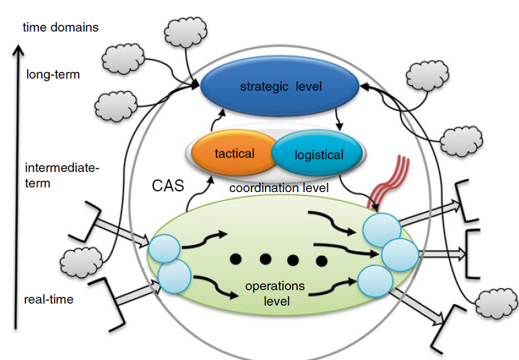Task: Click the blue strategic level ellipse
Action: pos(280,87)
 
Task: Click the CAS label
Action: pos(168,186)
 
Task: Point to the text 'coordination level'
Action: pos(279,188)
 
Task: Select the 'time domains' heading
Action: pos(61,28)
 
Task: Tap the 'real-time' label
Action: pos(48,300)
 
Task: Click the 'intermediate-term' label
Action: pos(61,175)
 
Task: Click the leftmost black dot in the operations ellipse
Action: pos(236,259)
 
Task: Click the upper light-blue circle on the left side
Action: pos(163,249)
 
